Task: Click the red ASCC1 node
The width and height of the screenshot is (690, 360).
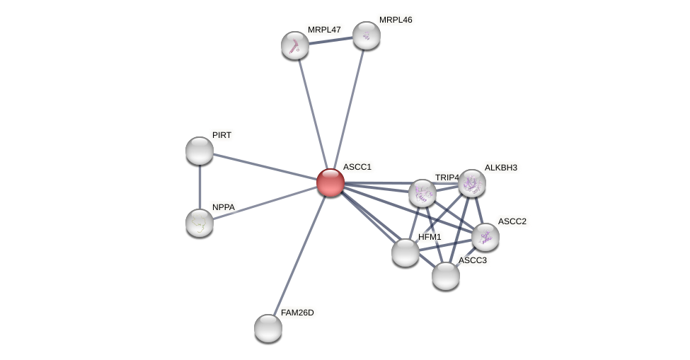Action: click(x=330, y=182)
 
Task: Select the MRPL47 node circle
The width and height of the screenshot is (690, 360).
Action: click(x=295, y=45)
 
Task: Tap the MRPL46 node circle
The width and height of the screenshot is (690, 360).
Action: click(x=367, y=35)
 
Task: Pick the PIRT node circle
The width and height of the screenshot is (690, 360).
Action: click(x=200, y=151)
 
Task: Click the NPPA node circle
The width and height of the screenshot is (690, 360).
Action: click(x=200, y=223)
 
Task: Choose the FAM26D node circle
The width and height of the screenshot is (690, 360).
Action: click(x=268, y=327)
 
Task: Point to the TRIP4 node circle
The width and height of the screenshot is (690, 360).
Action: click(x=422, y=193)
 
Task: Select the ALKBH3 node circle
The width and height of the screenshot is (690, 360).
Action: click(x=472, y=183)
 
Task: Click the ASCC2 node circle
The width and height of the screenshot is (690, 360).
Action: click(x=485, y=237)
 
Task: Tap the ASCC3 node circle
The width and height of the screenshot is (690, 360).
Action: click(x=446, y=276)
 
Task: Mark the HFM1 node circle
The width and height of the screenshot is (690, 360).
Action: click(x=406, y=252)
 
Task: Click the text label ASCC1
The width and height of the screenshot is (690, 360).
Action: click(x=357, y=168)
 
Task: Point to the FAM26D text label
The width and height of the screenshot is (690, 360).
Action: click(x=297, y=313)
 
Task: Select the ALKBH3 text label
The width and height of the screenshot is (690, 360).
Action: click(x=500, y=168)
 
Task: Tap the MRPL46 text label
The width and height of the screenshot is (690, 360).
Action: click(x=395, y=20)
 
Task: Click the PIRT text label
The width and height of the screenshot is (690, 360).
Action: click(x=222, y=135)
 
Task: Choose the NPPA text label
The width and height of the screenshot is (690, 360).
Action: click(x=223, y=207)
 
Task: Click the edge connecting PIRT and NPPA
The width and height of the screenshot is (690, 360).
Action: click(x=200, y=187)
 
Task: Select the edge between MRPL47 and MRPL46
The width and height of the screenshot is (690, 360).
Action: click(x=330, y=40)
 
